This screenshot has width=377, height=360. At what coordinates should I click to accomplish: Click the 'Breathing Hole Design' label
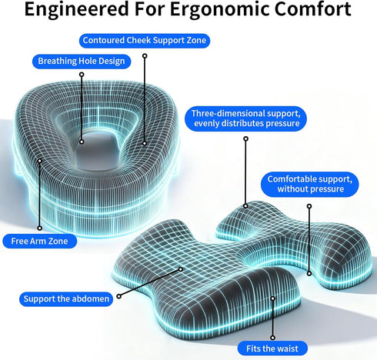click(x=82, y=62)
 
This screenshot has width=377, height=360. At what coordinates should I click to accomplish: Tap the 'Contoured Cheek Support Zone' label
click(x=145, y=41)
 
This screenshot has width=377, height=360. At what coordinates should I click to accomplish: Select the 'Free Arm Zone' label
click(x=39, y=241)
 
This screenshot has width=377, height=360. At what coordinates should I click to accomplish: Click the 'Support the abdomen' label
click(x=66, y=299)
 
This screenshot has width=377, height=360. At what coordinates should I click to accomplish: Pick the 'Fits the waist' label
click(x=272, y=348)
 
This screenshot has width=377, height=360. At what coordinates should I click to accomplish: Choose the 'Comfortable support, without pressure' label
click(x=310, y=184)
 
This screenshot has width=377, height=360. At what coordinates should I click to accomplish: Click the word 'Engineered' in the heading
click(x=76, y=9)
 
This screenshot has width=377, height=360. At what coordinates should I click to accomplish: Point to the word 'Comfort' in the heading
click(x=312, y=9)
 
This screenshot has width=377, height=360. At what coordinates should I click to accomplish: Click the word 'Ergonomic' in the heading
click(x=219, y=10)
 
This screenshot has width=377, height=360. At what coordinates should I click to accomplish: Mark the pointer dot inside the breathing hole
click(x=82, y=142)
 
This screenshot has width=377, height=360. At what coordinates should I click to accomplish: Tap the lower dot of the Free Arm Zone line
click(x=39, y=228)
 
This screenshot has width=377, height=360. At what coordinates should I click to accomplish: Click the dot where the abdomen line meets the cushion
click(x=181, y=269)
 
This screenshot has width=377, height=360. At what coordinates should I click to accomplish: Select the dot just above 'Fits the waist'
click(x=272, y=338)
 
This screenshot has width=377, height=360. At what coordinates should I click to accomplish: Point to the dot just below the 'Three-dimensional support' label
click(x=245, y=138)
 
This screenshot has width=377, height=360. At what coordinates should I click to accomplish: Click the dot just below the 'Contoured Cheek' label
click(x=145, y=56)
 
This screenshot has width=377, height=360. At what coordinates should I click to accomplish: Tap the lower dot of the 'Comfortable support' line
click(x=309, y=274)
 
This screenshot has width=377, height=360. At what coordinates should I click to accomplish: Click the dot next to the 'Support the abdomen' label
click(x=118, y=296)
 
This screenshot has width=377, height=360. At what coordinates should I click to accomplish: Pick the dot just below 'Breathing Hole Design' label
click(x=82, y=75)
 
